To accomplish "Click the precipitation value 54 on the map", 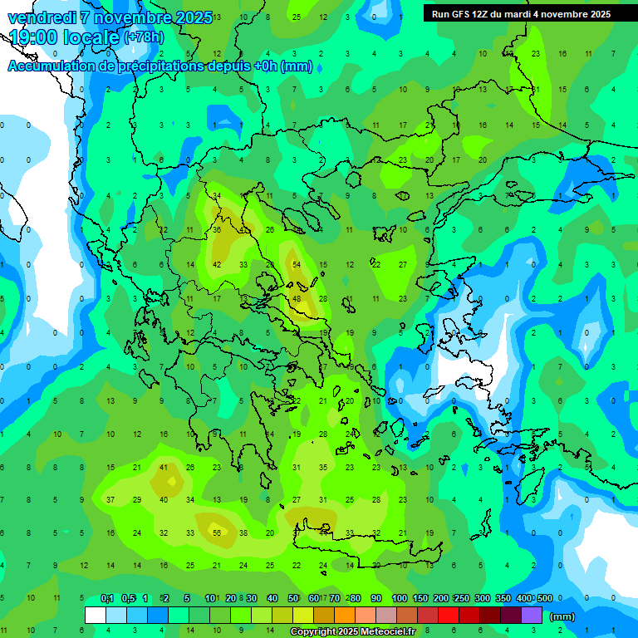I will coord(297,264).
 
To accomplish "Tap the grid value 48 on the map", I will coord(297,298).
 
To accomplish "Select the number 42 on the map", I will coord(217,264).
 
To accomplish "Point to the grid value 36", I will coord(217,230).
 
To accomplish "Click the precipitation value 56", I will coord(217,532).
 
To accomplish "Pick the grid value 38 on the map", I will coord(243,532).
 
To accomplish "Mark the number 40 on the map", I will coord(164,499).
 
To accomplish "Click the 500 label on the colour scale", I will coord(544,598).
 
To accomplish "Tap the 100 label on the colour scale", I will coord(400,598).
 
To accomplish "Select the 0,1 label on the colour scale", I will coord(107,598).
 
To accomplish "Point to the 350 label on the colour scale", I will coord(503,598).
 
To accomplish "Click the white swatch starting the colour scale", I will coord(96,616).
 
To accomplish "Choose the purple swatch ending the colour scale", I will coord(532,616).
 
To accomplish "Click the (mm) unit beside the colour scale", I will coord(562,616).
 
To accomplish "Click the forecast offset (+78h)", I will coord(145,38).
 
